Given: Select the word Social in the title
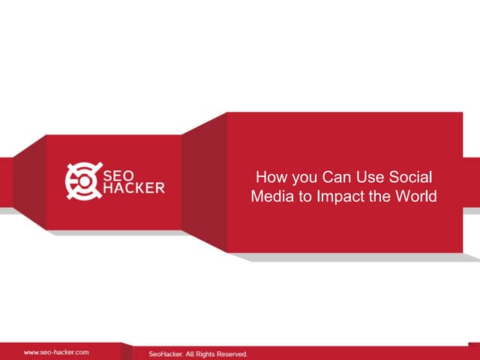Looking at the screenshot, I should [412, 178].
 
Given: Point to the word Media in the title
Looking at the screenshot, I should [268, 197].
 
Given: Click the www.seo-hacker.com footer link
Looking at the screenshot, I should [56, 352].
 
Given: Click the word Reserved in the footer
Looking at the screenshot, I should [230, 352].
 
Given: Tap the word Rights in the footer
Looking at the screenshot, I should [198, 352].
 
